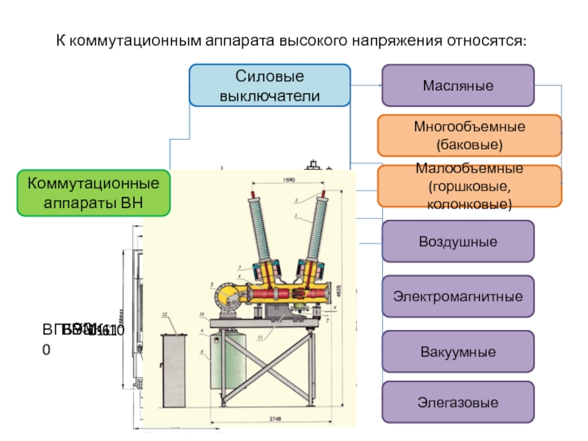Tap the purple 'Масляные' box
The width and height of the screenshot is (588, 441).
457,86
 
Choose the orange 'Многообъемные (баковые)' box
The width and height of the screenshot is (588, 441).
470,135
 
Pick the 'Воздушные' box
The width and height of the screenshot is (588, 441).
457,242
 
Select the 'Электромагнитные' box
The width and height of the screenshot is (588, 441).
457,297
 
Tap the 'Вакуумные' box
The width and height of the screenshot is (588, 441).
457,352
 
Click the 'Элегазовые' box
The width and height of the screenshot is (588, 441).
457,402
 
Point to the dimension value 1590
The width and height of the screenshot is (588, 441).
289,179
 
